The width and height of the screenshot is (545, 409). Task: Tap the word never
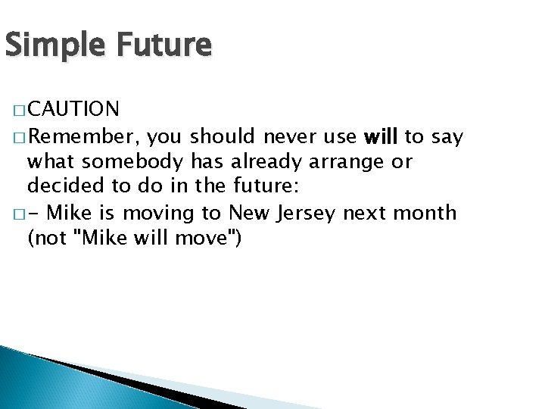pyautogui.click(x=288, y=137)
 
